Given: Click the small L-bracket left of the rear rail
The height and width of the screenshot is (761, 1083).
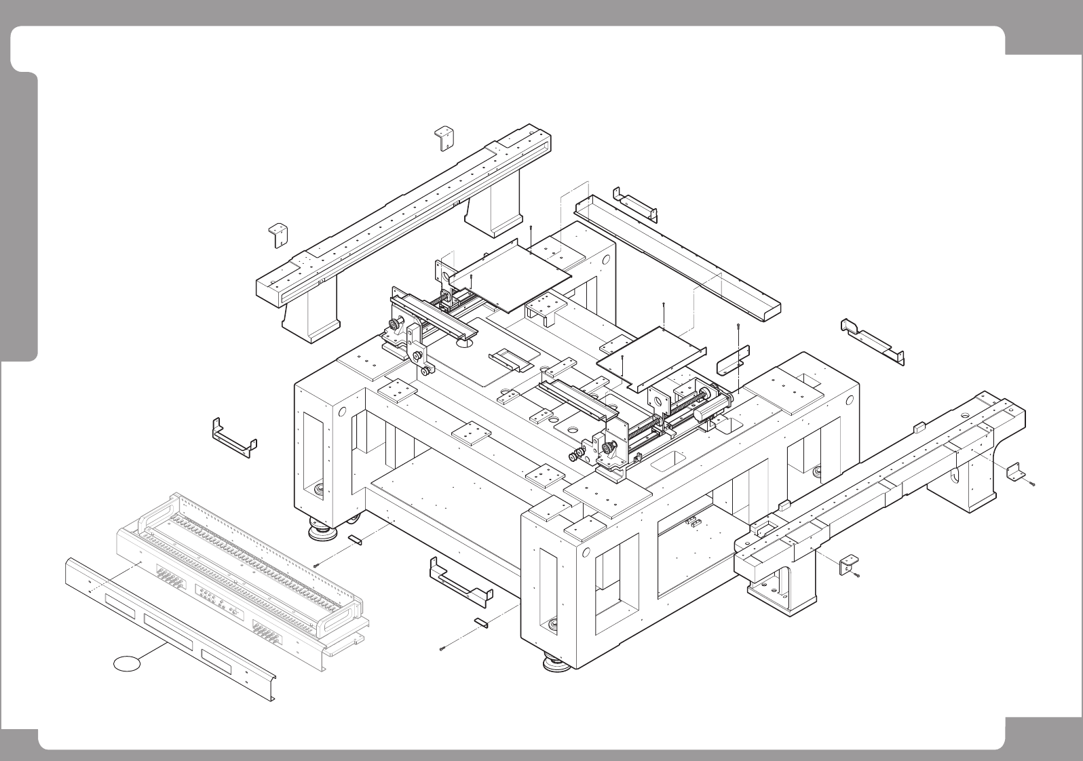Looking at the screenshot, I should coord(278,233).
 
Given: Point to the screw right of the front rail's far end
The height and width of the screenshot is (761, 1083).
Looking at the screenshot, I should coord(1031,484).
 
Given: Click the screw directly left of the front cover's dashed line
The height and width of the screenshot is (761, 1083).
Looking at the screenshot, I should coord(316,565).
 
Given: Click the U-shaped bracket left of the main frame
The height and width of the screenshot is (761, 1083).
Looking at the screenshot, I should coord(234,437).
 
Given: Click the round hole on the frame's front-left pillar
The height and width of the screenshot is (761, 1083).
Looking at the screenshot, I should coord(342,412).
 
